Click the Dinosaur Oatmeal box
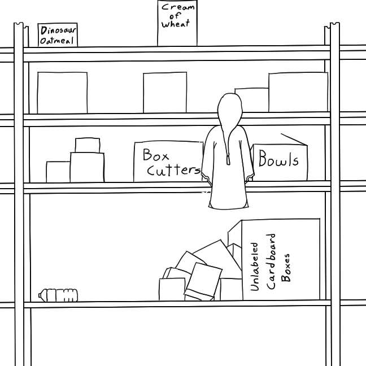coord(57,35)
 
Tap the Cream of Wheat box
coord(177,23)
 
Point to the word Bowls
coord(278,160)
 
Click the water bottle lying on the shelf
coord(58,294)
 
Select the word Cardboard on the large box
coord(271,262)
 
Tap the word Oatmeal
coord(58,41)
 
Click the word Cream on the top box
coord(177,7)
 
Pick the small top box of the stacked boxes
coord(88,145)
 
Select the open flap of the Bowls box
coord(294,139)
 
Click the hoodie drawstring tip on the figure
coord(229,161)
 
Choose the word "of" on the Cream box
coord(176,16)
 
